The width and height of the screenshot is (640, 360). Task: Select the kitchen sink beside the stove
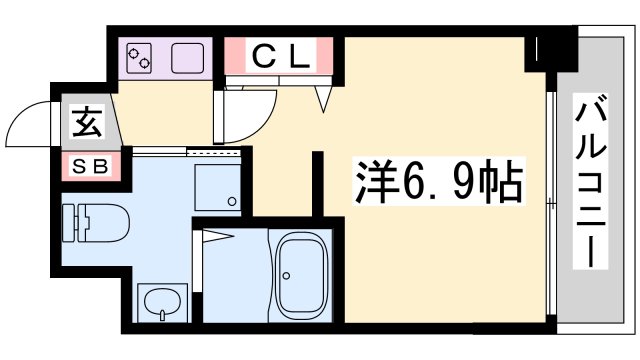tap(188, 58)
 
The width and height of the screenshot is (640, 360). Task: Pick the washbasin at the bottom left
tap(160, 299)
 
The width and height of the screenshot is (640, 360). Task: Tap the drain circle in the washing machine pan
tap(231, 203)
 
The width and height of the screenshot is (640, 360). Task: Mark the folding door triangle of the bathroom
tap(217, 237)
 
